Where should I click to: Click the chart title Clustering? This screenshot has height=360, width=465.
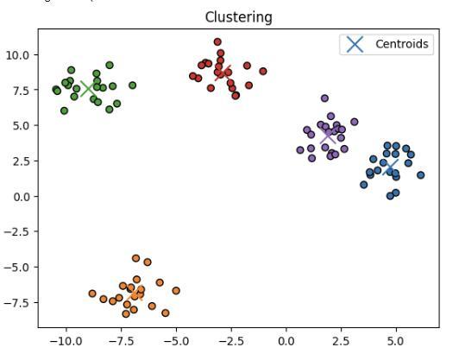[x=238, y=17]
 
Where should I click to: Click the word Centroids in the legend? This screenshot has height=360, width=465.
[x=401, y=44]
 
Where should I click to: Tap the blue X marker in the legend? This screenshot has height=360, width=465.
[x=355, y=44]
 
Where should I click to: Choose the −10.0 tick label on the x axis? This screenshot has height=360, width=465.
[x=65, y=340]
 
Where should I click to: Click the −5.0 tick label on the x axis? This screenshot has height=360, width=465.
[x=175, y=340]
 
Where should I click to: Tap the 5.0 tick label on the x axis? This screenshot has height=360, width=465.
[x=396, y=340]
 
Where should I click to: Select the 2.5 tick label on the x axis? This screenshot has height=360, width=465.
[x=341, y=340]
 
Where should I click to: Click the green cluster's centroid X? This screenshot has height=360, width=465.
[x=88, y=88]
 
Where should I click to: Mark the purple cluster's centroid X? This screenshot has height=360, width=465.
[x=327, y=136]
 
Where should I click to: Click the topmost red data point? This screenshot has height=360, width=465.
[x=217, y=41]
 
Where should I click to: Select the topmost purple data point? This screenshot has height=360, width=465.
[x=324, y=98]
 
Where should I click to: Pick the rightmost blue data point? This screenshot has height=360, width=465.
[x=420, y=175]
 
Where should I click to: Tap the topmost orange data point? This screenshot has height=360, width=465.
[x=135, y=258]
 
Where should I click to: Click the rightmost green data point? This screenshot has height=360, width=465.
[x=132, y=85]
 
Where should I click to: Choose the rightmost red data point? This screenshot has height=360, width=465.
[x=263, y=72]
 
